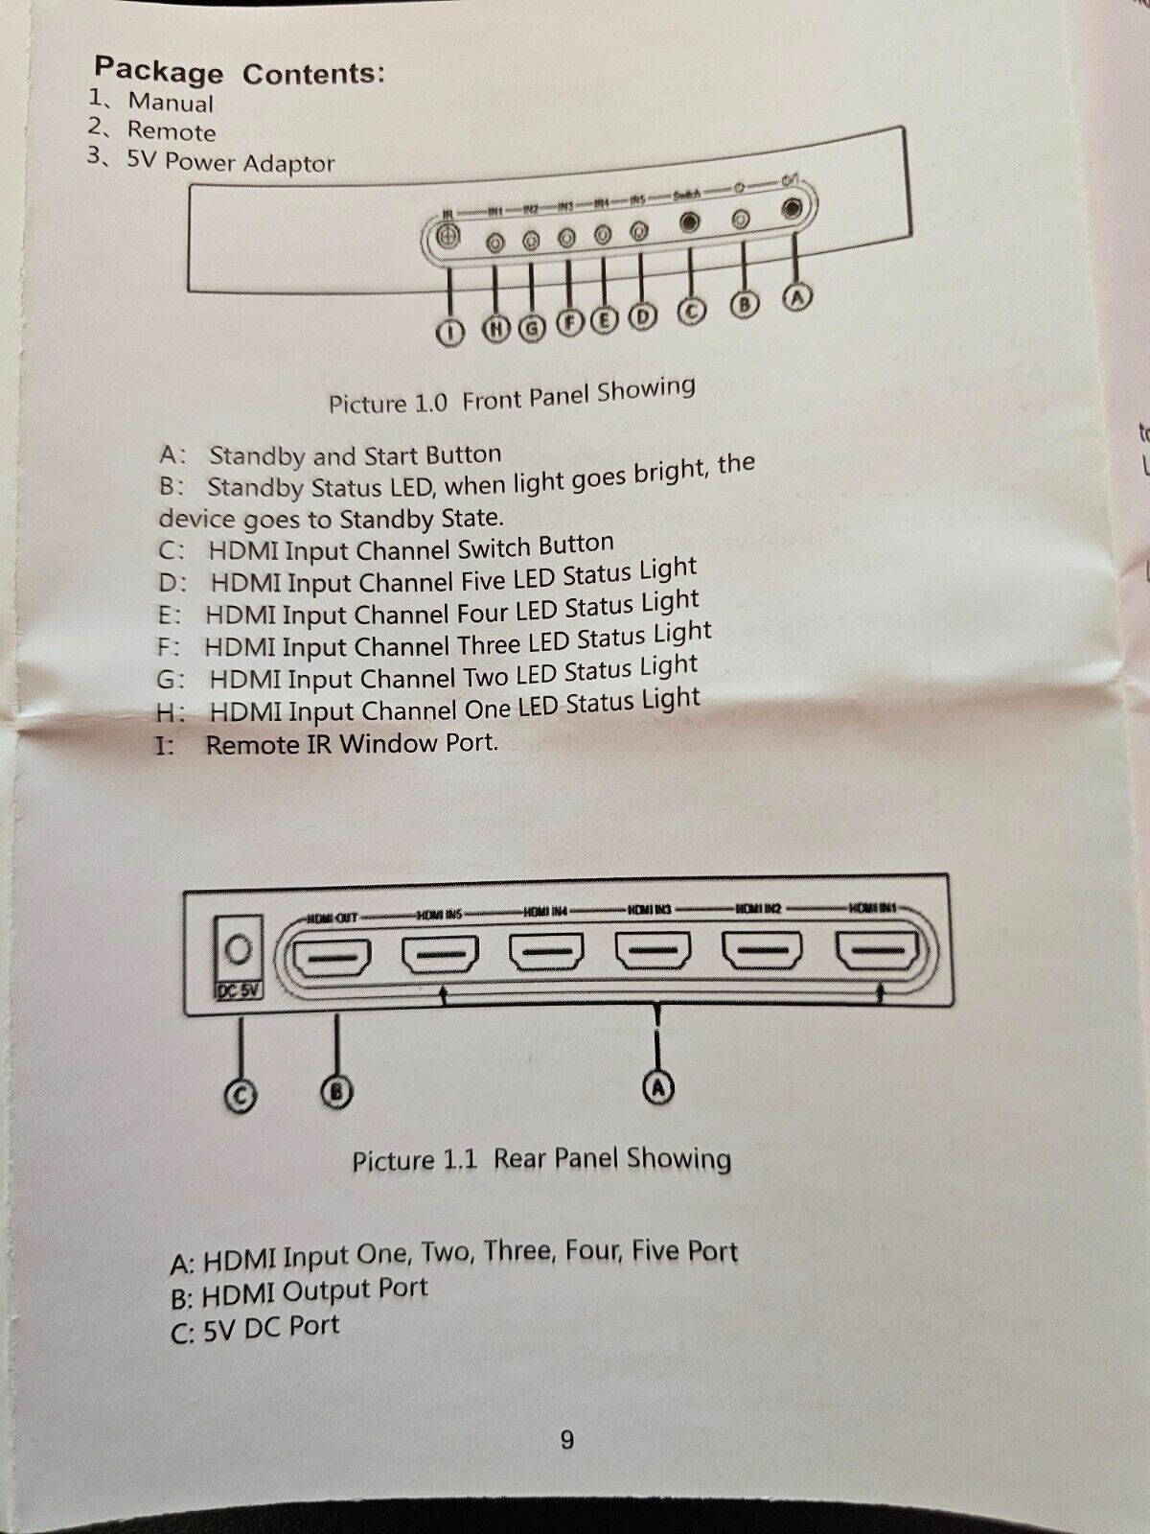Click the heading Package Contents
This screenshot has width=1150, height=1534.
[240, 71]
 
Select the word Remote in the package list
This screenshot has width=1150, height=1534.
[172, 131]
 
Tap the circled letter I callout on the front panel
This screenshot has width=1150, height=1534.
[449, 333]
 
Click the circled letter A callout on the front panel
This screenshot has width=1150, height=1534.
[796, 297]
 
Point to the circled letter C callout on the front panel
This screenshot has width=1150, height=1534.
[690, 311]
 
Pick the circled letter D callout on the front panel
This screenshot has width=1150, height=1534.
[640, 316]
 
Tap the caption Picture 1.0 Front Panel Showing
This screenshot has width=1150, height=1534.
[511, 396]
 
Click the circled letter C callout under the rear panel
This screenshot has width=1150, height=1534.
[241, 1096]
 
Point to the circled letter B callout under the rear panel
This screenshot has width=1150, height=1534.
[336, 1091]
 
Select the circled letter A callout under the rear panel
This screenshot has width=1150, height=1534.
[657, 1087]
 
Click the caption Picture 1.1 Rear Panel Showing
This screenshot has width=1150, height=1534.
[541, 1160]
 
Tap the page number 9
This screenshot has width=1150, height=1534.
[567, 1440]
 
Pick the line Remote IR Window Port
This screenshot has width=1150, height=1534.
[352, 744]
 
